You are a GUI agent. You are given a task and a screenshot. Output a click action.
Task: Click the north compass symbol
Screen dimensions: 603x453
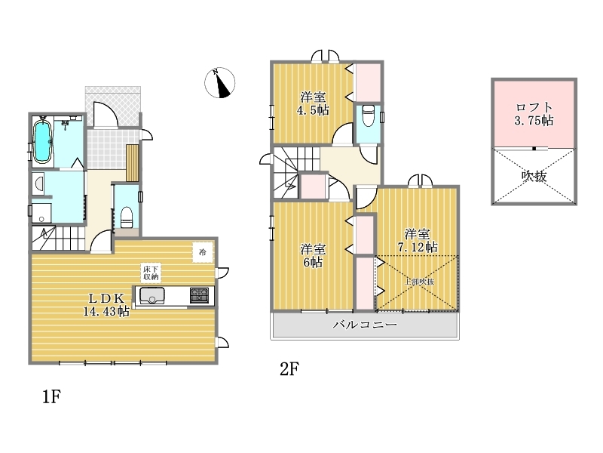(219, 82)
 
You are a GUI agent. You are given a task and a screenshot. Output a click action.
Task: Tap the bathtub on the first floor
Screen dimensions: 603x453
(42, 142)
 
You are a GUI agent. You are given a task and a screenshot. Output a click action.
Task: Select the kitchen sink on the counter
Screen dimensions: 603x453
(152, 296)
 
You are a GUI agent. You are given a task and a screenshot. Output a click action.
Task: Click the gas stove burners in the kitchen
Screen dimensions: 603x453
(199, 295)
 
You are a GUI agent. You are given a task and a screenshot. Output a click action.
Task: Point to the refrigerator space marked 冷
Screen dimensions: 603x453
(203, 252)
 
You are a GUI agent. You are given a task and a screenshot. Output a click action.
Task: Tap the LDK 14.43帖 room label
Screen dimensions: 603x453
(106, 304)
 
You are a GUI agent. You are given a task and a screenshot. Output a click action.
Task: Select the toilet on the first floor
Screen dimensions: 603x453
(127, 217)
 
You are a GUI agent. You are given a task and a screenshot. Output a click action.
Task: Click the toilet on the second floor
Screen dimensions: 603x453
(369, 116)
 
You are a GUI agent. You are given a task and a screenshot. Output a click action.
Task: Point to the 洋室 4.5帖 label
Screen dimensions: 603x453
(313, 103)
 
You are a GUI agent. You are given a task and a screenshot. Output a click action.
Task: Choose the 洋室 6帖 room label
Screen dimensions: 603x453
(313, 255)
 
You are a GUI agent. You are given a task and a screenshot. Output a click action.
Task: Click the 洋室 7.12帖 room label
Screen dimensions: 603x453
(418, 240)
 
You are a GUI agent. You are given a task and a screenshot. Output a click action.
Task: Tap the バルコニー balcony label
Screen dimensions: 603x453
(365, 325)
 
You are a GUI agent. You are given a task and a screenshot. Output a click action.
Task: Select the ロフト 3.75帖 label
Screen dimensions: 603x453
(534, 114)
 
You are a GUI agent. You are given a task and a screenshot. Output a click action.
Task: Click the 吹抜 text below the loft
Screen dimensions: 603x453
(534, 176)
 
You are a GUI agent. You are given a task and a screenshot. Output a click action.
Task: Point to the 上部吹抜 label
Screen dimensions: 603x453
(419, 282)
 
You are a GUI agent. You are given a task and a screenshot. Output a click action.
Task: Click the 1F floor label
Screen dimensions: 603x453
(51, 396)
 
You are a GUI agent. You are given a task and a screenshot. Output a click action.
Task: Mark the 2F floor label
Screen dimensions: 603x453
(289, 369)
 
